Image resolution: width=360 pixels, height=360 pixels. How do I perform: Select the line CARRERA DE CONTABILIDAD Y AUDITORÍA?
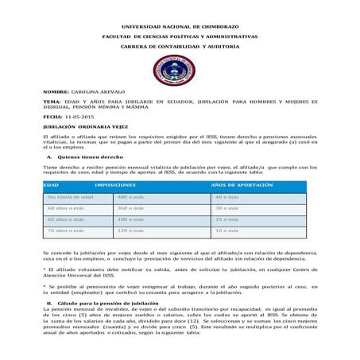coord(180,47)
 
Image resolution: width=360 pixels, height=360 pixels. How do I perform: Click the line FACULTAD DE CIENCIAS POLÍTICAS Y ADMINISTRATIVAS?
coord(180,37)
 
